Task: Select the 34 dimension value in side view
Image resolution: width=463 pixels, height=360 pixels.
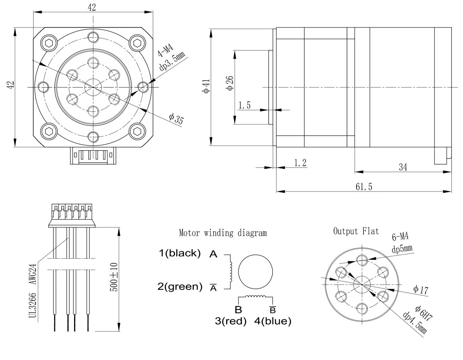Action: point(403,167)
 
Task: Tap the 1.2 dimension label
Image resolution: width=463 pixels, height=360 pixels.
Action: point(300,163)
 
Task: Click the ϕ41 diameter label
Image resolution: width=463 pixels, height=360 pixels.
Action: point(206,86)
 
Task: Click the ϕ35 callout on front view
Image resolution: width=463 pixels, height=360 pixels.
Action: point(176,119)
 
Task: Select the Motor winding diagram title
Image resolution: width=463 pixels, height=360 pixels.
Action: point(223,233)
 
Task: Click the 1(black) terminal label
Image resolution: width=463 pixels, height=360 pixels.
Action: point(180,253)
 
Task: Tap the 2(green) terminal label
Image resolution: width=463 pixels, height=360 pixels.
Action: point(179,286)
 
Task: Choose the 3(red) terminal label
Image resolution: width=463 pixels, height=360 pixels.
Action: point(231,321)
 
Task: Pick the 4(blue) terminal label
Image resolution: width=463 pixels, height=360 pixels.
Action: point(273,321)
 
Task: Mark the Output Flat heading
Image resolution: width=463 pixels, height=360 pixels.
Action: point(356,231)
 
